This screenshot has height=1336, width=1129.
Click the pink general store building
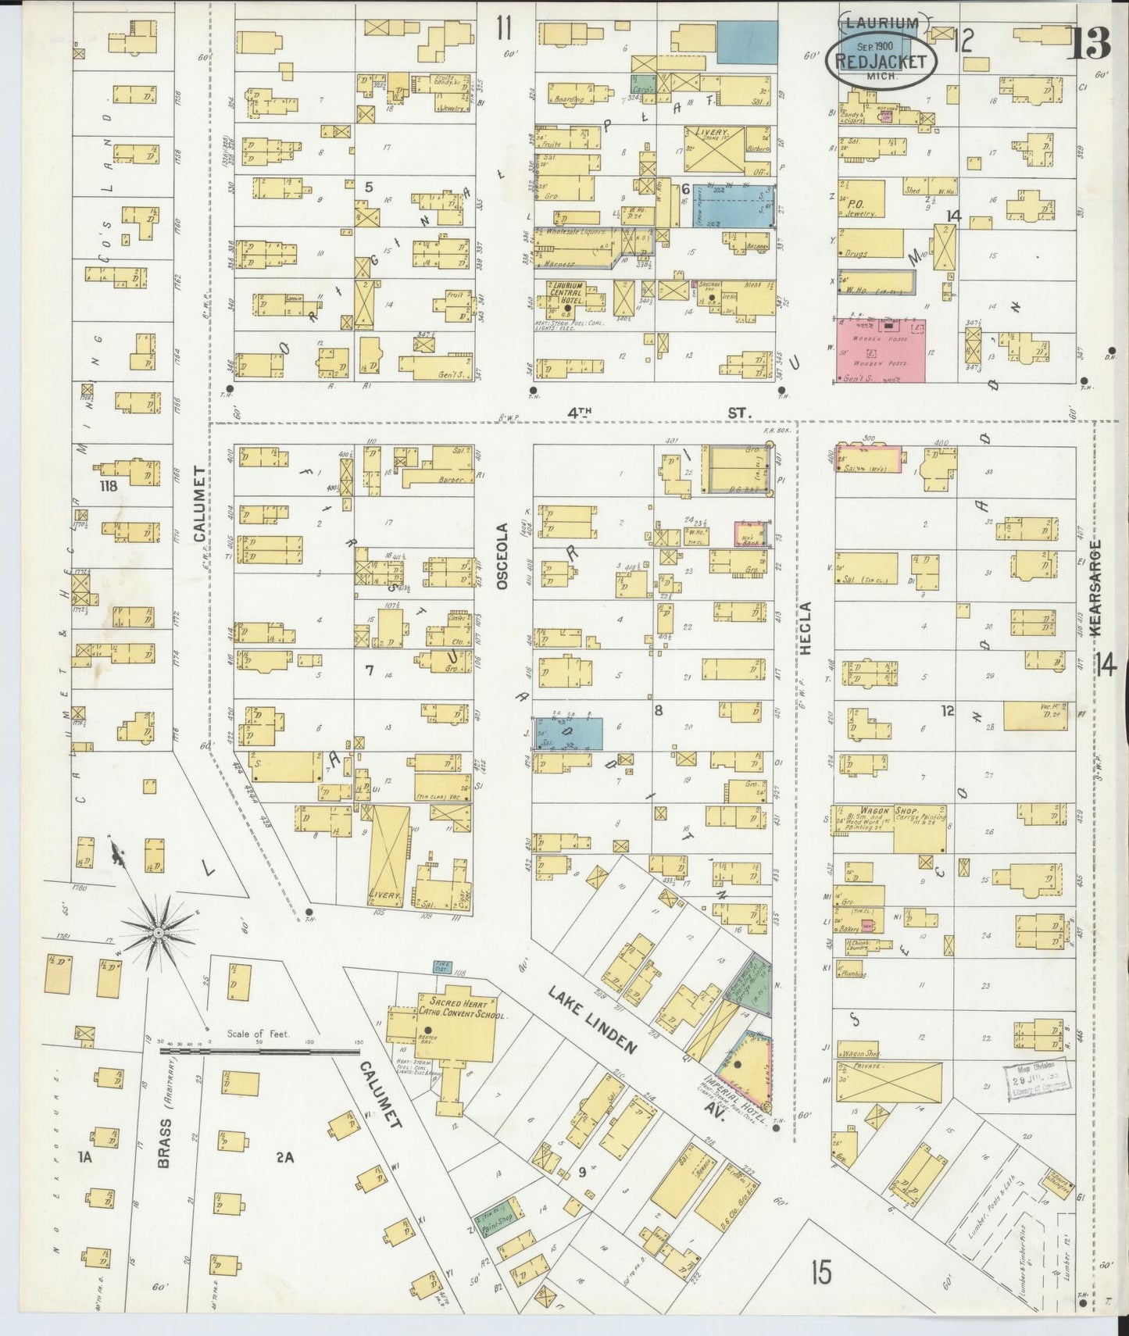[x=881, y=349]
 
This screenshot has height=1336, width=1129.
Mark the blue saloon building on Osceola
[x=568, y=732]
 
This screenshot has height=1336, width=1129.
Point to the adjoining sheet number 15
[x=820, y=1273]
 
